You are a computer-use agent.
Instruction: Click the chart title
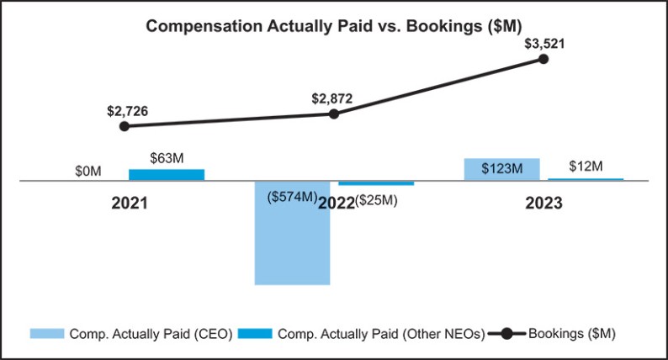[x=334, y=26]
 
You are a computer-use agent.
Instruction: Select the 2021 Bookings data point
[x=125, y=126]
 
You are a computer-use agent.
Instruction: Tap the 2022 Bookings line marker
[x=334, y=113]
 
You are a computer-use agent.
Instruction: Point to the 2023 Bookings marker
[x=543, y=59]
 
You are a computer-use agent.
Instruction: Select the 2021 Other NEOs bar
[x=167, y=174]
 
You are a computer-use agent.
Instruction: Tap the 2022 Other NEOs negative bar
[x=376, y=183]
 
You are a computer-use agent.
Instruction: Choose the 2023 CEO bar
[x=502, y=169]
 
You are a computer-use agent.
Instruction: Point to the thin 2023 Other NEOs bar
[x=586, y=179]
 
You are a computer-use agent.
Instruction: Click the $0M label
[x=88, y=171]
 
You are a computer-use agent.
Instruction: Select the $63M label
[x=167, y=157]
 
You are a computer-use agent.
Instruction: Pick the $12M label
[x=586, y=166]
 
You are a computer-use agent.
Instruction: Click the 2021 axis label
[x=130, y=203]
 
